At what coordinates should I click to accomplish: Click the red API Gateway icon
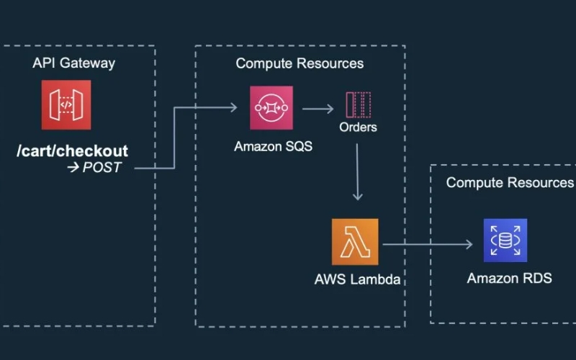66,105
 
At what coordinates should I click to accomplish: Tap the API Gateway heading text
73,63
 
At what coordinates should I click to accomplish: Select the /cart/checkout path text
73,151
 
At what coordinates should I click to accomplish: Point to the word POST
102,168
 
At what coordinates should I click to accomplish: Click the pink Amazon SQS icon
271,108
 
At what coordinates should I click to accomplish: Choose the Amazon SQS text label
271,146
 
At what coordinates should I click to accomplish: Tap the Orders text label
358,127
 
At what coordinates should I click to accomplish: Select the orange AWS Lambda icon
354,242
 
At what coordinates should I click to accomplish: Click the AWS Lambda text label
357,279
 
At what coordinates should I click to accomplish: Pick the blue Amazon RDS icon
505,241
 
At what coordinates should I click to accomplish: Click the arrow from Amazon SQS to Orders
318,109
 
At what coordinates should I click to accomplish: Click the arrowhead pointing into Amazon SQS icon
233,108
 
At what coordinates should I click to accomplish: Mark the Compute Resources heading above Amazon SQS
300,63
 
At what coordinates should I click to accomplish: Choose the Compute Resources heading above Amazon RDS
510,182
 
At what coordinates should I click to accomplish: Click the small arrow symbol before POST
73,168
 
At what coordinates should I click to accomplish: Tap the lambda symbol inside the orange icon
354,242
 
